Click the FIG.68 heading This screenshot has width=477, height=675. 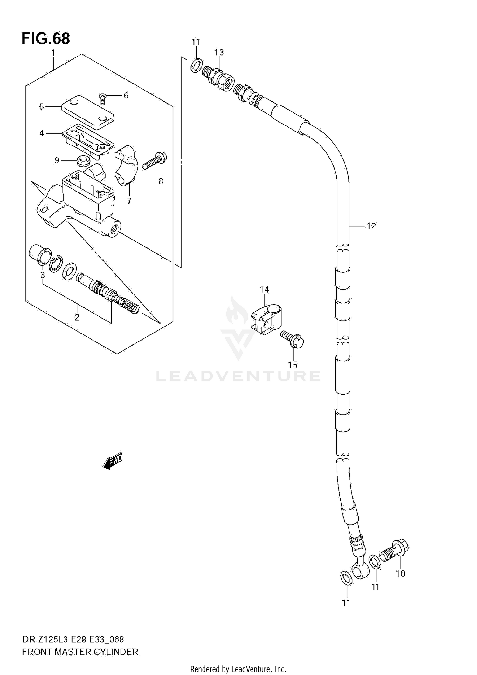46,38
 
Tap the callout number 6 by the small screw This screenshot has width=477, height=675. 126,96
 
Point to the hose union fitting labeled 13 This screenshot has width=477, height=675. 219,77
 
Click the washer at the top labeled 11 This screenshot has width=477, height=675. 196,65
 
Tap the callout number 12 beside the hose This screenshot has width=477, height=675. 371,226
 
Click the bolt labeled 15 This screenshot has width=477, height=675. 293,339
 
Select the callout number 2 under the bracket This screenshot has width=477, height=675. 77,317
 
